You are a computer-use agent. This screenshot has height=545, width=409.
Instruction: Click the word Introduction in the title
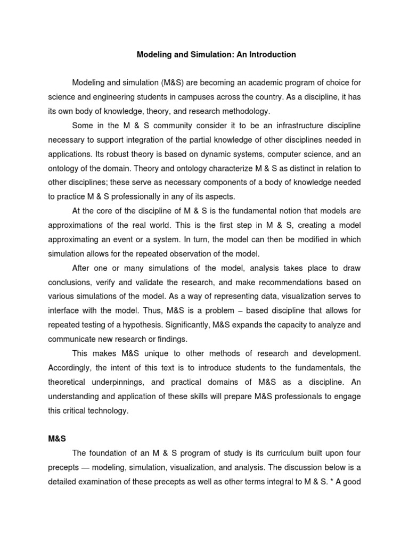pos(271,55)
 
